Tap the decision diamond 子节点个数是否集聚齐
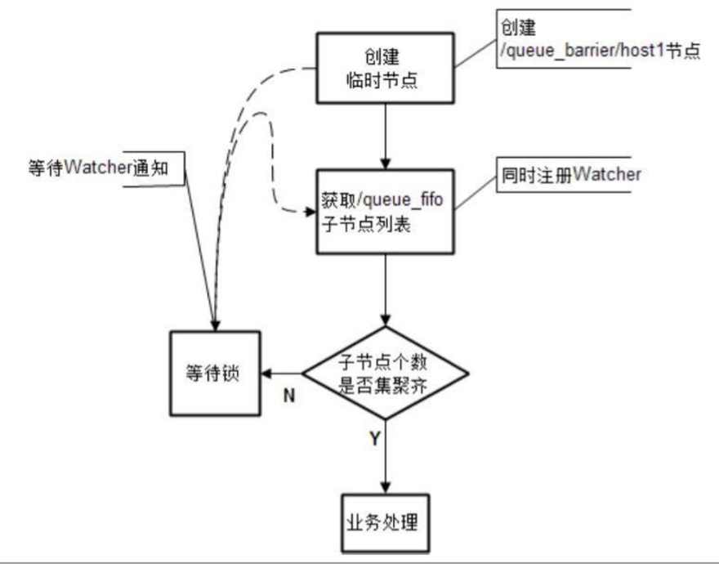click(x=385, y=374)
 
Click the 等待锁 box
click(x=214, y=374)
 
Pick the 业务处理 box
click(x=383, y=521)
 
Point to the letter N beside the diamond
click(x=288, y=396)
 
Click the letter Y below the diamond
click(x=374, y=440)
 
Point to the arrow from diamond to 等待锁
click(x=281, y=374)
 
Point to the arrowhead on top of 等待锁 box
click(x=215, y=325)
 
